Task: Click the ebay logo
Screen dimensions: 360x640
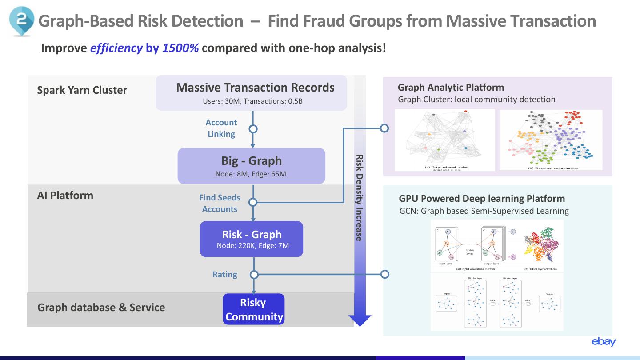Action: (x=604, y=341)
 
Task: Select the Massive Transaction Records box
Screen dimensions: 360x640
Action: (x=252, y=93)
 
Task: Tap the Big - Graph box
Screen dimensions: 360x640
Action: (x=252, y=166)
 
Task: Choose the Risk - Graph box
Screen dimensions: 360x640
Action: (x=252, y=239)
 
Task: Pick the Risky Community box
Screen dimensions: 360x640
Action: (x=254, y=309)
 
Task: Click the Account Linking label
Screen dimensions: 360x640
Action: (x=221, y=128)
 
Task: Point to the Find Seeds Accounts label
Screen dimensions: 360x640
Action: (x=220, y=203)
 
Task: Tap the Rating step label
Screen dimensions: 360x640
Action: (x=224, y=275)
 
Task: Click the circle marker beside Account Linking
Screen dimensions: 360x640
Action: (x=253, y=129)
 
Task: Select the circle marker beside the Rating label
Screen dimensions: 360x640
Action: (x=253, y=274)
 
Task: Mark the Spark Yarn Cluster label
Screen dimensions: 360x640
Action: (x=82, y=90)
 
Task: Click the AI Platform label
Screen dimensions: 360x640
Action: (x=65, y=196)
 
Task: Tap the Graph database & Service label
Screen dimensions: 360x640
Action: (x=101, y=308)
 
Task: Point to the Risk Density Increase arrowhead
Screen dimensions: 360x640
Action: (x=360, y=320)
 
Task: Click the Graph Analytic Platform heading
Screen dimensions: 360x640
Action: (x=451, y=88)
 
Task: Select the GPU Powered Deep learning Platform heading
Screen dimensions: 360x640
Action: (x=482, y=199)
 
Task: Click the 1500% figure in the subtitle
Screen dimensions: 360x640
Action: (x=180, y=48)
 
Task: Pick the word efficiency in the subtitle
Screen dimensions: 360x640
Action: (x=116, y=48)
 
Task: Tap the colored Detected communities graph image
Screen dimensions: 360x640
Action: (x=551, y=140)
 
